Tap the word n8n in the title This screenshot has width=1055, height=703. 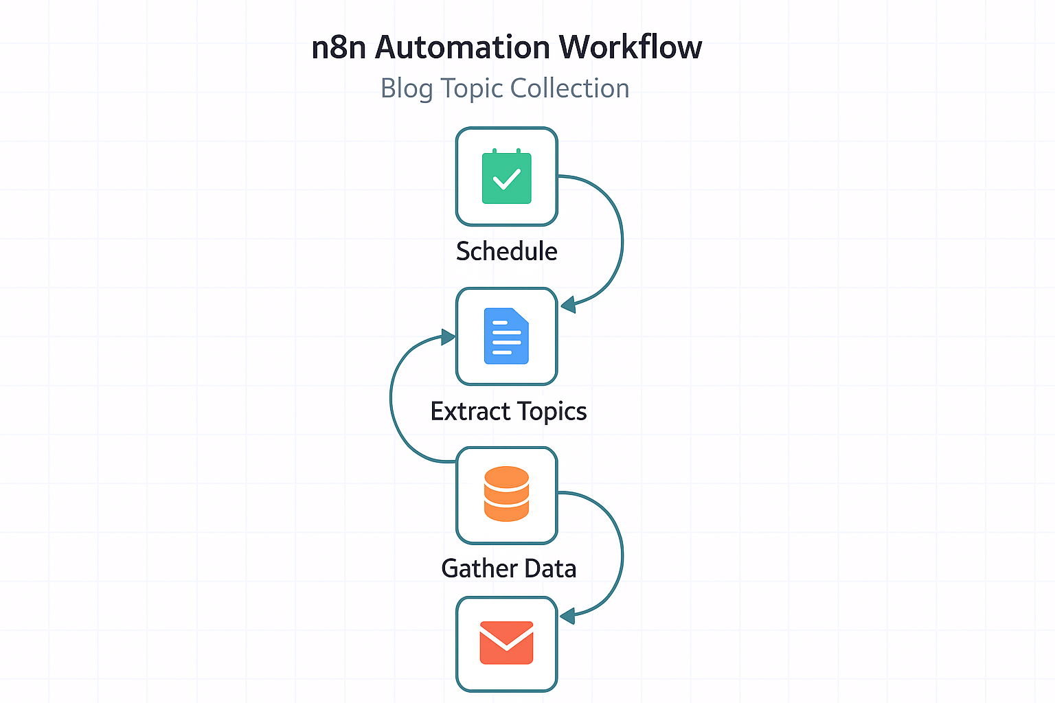339,48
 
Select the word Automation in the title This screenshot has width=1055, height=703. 462,47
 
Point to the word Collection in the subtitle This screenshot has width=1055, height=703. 569,88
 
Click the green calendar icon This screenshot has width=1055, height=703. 507,176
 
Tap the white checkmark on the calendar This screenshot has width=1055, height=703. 507,179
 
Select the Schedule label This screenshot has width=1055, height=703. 507,251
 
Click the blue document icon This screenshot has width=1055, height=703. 507,336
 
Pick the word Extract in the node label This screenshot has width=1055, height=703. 470,411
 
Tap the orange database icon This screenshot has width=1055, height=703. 507,494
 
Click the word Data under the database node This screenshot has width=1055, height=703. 551,568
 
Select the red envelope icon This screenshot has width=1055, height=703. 507,643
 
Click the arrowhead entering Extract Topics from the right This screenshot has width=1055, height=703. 568,304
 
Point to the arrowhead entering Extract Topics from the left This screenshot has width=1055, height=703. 448,337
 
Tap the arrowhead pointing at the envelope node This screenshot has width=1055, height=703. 567,615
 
